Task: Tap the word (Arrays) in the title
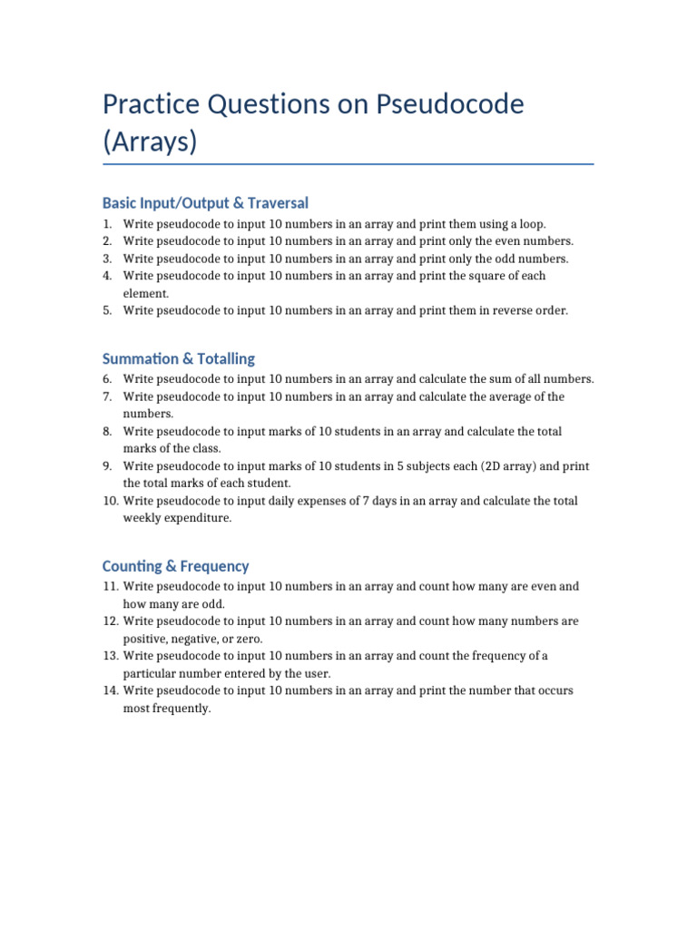(x=150, y=142)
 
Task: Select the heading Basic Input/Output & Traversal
(x=206, y=202)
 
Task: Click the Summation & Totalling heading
(x=179, y=358)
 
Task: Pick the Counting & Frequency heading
(x=176, y=566)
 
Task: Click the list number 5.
(x=107, y=310)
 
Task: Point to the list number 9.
(x=107, y=466)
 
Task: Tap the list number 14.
(x=111, y=690)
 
